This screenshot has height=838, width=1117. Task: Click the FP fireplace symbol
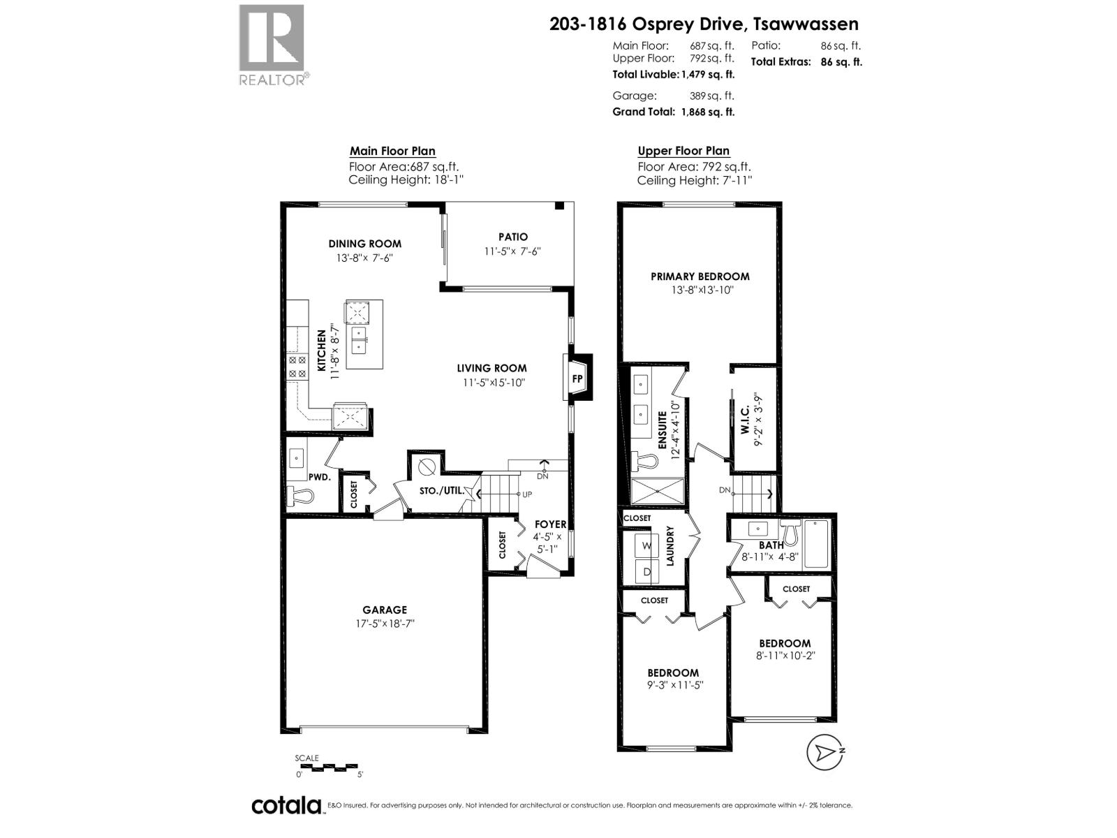coord(577,379)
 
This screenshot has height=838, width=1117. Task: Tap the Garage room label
coord(384,610)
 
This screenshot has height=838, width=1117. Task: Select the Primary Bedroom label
coord(700,277)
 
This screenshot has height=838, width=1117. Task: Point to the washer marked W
coord(646,546)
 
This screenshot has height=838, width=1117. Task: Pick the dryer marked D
coord(646,572)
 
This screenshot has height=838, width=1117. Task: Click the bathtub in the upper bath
coord(816,544)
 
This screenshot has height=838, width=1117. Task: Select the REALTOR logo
coord(272,45)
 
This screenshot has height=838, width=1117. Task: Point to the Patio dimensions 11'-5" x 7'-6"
coord(513,251)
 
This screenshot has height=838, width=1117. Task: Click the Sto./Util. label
coord(441,491)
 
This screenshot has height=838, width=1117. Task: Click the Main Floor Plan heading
coord(392,151)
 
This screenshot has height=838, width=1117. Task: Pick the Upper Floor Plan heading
coord(683,151)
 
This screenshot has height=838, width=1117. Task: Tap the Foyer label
coord(550,524)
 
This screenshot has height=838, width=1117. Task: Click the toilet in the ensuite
coord(646,462)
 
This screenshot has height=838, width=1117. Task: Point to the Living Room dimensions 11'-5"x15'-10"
coord(493,383)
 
